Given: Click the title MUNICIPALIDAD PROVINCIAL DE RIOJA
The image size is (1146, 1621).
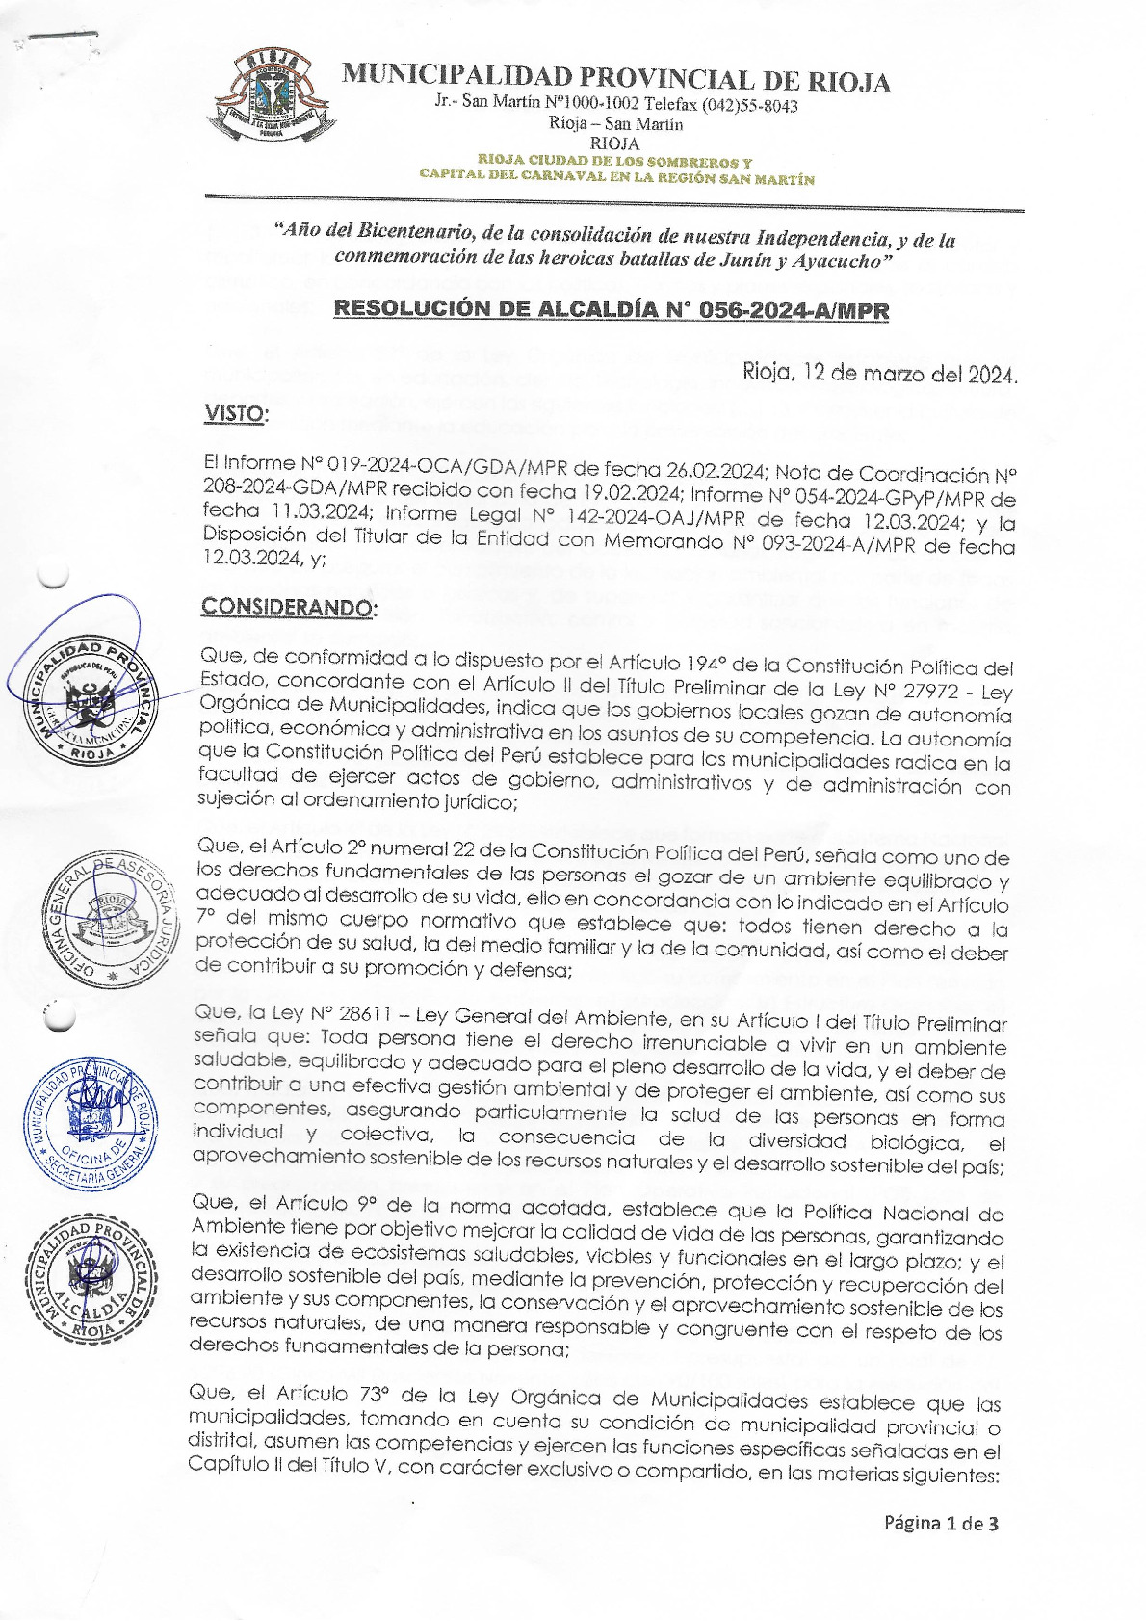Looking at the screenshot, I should [615, 77].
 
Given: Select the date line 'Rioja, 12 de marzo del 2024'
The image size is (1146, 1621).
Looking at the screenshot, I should [879, 373].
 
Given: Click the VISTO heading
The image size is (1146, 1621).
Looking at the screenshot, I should [235, 414].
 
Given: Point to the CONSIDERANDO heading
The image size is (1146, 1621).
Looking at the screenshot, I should [288, 608].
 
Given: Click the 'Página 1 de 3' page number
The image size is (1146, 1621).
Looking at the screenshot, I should [941, 1523].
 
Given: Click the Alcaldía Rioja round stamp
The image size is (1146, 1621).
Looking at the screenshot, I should [94, 1279].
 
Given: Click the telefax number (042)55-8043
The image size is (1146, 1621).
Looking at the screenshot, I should [749, 105].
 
